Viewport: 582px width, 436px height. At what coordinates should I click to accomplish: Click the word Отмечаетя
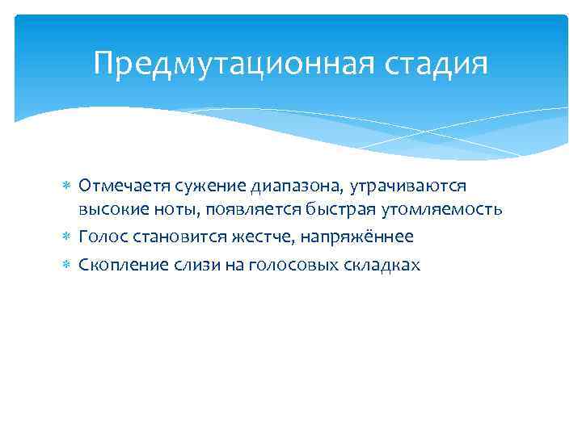click(119, 187)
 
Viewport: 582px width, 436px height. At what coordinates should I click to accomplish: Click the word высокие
click(108, 211)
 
